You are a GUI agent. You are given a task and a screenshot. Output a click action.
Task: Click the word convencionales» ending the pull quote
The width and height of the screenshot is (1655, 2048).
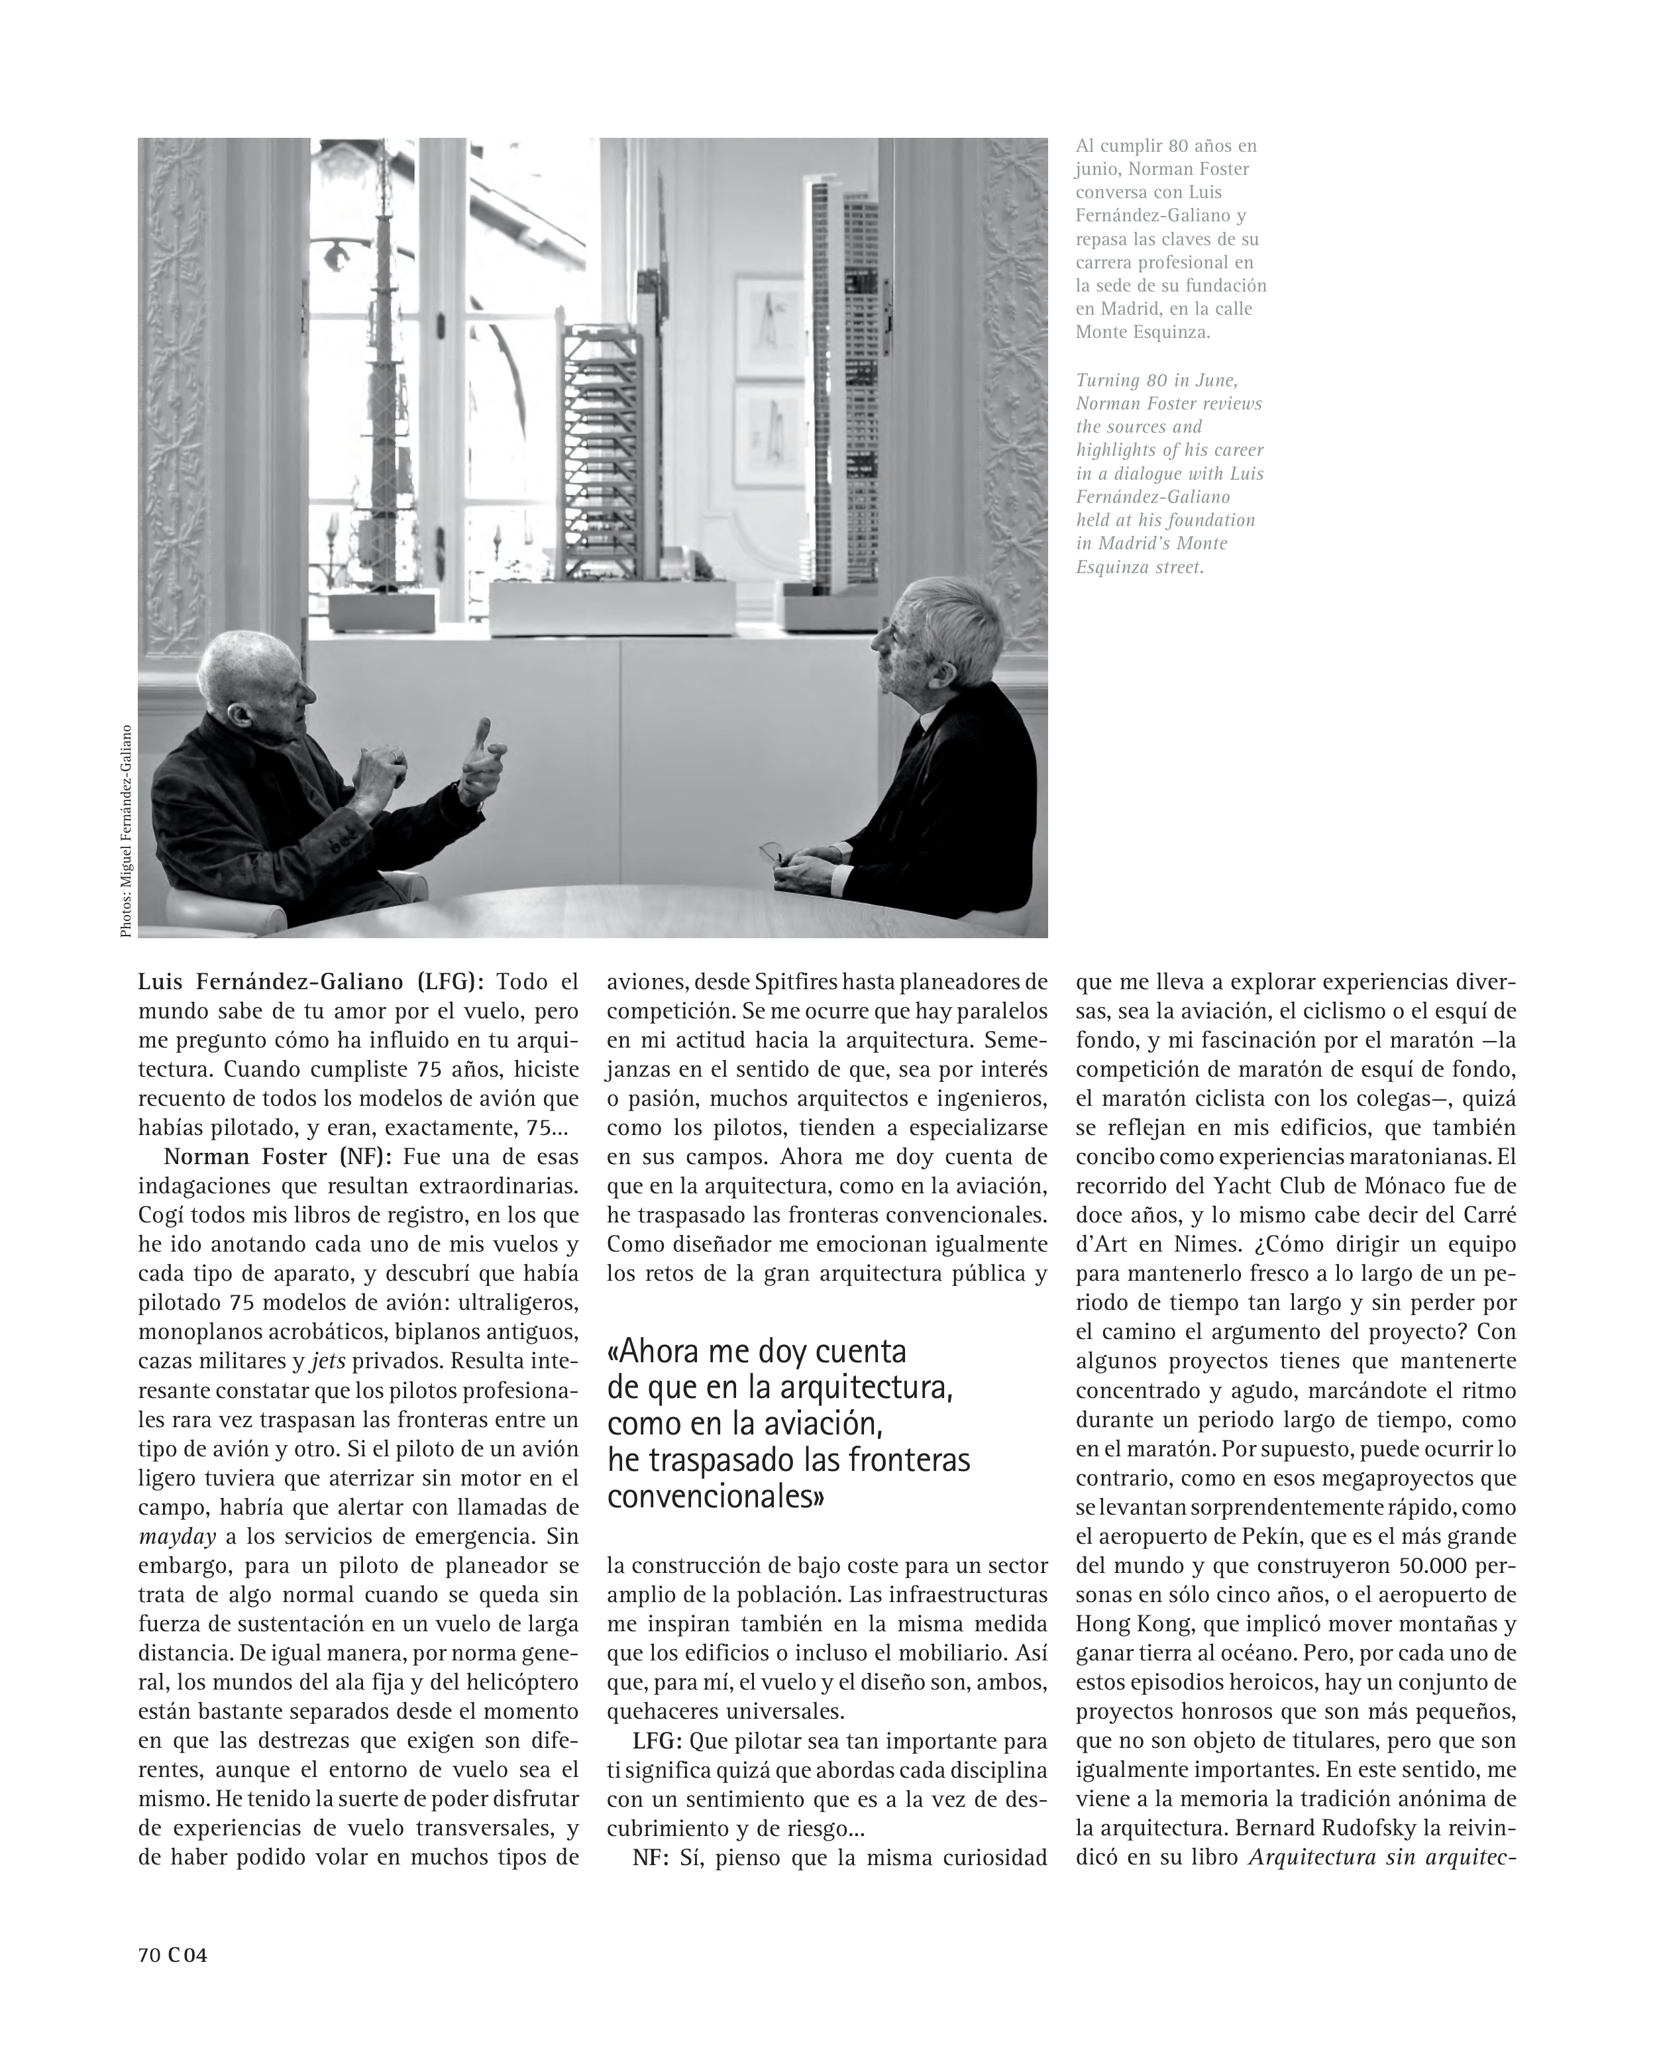point(716,1497)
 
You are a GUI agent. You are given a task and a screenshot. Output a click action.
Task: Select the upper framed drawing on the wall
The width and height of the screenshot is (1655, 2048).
point(769,321)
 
